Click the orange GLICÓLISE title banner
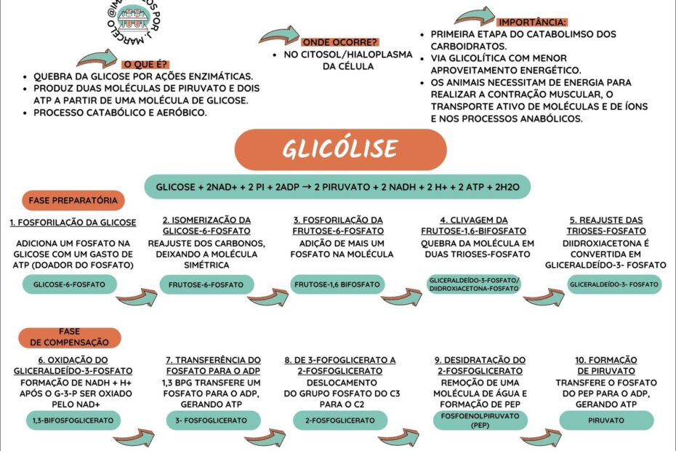[x=339, y=149]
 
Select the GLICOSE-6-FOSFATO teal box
[x=64, y=284]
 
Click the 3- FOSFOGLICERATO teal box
[x=209, y=420]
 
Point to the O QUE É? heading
[x=142, y=64]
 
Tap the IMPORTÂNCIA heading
[x=533, y=23]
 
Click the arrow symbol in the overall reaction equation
[x=308, y=186]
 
